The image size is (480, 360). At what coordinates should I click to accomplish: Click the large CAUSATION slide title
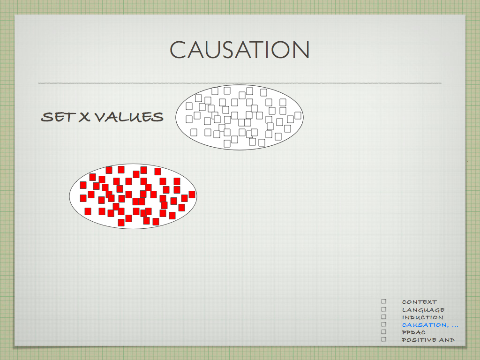pos(240,50)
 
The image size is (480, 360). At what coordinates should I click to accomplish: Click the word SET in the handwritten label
pos(58,117)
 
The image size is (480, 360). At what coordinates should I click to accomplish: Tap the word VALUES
pos(128,117)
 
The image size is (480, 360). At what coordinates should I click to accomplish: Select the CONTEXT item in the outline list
pos(420,302)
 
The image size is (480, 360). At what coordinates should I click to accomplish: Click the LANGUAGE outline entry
pos(423,310)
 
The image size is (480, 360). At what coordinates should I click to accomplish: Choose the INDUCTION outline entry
pos(422,317)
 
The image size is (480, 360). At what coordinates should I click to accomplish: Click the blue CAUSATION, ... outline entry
pos(430,325)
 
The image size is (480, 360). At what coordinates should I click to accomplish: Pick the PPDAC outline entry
pos(414,332)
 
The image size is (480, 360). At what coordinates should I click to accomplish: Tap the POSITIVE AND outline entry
pos(428,340)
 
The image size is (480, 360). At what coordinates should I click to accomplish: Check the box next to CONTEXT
pos(384,301)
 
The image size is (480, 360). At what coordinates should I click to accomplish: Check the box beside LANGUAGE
pos(384,309)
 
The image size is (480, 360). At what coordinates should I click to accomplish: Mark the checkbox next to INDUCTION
pos(384,316)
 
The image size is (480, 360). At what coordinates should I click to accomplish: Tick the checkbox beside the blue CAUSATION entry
pos(384,324)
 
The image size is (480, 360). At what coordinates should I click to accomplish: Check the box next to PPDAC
pos(384,331)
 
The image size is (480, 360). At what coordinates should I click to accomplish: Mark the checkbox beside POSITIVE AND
pos(384,339)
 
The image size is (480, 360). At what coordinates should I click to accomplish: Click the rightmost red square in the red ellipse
pos(192,195)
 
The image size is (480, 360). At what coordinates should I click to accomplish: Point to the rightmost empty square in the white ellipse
pos(298,116)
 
